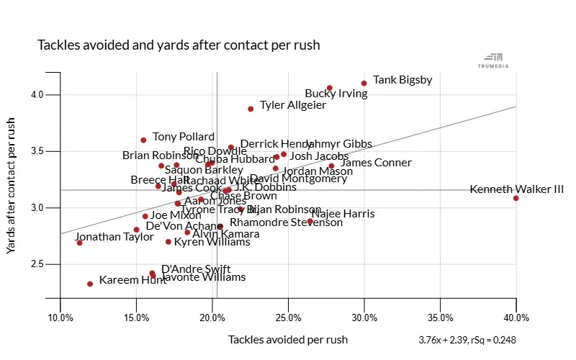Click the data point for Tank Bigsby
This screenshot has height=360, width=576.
(364, 84)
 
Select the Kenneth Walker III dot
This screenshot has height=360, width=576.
(516, 198)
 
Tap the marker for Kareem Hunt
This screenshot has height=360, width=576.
(90, 284)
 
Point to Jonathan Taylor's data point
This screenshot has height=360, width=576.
(80, 243)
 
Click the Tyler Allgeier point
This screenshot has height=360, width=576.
(251, 109)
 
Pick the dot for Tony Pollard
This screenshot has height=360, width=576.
(143, 140)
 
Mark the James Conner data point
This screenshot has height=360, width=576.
(331, 166)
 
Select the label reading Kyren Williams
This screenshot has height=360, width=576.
(212, 242)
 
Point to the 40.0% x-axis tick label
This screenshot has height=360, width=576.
(516, 318)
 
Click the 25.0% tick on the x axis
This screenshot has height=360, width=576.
(288, 318)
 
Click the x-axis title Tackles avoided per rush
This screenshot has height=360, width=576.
(288, 339)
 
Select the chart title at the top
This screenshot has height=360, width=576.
(179, 45)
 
